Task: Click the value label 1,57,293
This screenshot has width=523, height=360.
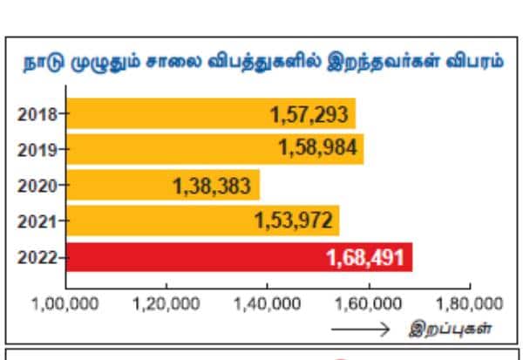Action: pos(309,113)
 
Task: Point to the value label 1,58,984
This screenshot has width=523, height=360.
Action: pos(317,149)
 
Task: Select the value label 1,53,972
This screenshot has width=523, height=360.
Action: pos(293,221)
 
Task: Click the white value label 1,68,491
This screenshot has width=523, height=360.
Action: pos(365,258)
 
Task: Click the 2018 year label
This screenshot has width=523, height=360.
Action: pos(37,113)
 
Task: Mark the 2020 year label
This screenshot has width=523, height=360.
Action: pos(37,185)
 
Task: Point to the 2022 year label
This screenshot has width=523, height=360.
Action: pos(37,257)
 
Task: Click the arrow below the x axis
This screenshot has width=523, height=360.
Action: pos(360,329)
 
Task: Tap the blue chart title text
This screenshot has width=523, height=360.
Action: pos(261,64)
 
